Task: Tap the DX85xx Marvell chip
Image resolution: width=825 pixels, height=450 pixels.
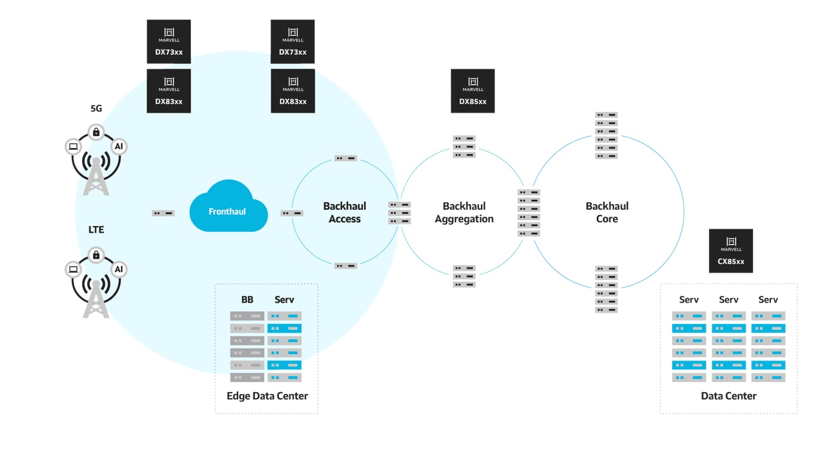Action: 473,91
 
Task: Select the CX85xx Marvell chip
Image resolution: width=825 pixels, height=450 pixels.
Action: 731,251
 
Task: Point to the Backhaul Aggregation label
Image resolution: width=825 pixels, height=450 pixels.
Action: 464,213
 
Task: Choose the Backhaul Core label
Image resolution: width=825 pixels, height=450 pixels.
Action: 607,213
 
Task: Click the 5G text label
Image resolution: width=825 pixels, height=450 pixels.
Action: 96,109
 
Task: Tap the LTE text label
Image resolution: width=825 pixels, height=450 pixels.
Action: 96,230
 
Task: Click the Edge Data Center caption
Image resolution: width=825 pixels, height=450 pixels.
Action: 267,396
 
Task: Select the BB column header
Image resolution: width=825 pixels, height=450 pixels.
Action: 247,300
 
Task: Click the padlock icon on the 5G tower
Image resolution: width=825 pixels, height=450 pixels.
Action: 96,132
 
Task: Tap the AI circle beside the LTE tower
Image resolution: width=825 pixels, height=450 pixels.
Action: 119,269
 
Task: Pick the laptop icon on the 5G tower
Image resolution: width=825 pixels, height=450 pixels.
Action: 73,147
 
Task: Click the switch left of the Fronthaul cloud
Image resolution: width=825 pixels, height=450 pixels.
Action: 163,213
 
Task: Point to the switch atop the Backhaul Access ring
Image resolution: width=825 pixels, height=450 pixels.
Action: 345,159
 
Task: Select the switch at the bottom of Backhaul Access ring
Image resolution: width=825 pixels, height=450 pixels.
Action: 345,266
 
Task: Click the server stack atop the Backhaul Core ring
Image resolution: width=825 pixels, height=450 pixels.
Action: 606,135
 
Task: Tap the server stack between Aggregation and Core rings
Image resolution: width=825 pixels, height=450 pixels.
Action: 529,213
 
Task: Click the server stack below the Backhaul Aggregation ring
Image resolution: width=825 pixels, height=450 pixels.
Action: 464,276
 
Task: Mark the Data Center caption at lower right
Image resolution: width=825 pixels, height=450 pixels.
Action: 728,396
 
